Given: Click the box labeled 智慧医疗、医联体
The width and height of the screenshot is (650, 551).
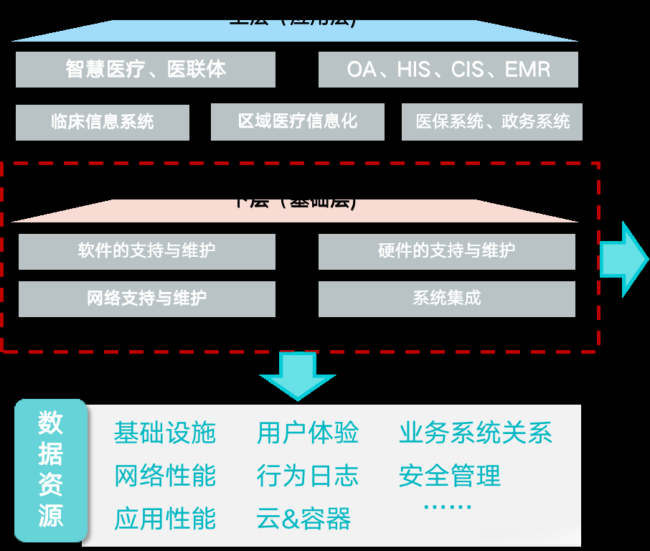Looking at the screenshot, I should [x=146, y=70].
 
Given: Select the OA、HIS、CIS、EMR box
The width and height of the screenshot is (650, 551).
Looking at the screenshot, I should [x=448, y=70].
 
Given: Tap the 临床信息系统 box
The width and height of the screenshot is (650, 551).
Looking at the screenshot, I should [x=103, y=122].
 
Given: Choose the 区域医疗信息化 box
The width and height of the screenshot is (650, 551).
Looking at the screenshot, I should [x=298, y=122].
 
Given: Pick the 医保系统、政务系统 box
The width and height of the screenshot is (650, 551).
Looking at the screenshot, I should [x=492, y=122].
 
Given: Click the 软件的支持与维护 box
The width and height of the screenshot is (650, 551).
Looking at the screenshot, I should [x=147, y=252].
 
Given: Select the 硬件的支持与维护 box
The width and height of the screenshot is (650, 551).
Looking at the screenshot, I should [x=447, y=252].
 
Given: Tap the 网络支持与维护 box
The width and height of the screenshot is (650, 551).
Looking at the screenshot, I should [x=147, y=298].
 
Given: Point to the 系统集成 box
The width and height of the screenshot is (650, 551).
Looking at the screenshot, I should [x=447, y=298].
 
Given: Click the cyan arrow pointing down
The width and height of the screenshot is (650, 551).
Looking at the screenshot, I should [x=297, y=376].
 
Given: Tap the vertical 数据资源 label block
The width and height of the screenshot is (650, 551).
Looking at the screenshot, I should [x=51, y=471].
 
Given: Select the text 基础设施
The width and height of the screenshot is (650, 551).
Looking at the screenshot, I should [x=165, y=433].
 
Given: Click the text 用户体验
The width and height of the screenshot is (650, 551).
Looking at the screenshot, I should [x=308, y=433].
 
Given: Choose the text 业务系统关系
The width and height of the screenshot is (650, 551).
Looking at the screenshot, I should [x=476, y=433].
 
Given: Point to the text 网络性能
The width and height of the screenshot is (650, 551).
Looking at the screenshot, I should [x=165, y=476].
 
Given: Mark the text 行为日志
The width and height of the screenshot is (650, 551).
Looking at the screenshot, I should [x=308, y=476].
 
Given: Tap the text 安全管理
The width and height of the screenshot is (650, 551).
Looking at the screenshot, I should [x=450, y=476].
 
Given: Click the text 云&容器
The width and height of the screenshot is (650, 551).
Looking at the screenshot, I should [x=303, y=519].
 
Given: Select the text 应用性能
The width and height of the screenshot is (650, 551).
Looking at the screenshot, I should [x=165, y=519].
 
